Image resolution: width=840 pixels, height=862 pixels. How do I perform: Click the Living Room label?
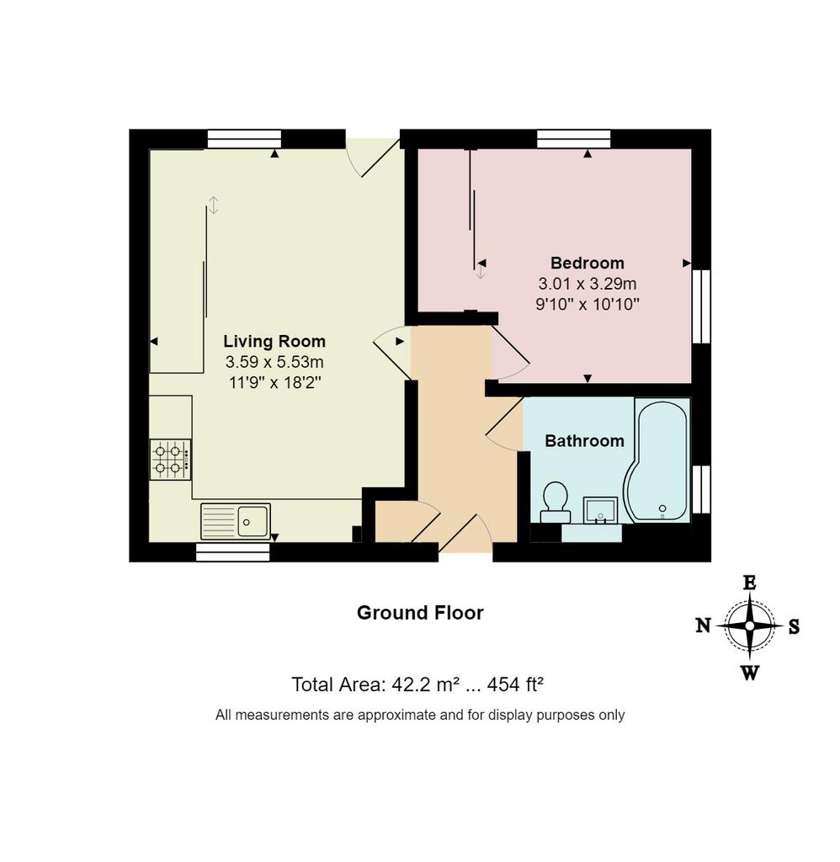tap(274, 342)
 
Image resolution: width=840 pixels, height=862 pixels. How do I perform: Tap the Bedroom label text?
tap(587, 263)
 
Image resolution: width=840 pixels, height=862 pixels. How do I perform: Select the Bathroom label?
tap(584, 441)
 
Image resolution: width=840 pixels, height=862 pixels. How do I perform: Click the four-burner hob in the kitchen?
tap(170, 460)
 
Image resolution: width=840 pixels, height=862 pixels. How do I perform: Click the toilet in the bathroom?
tap(556, 503)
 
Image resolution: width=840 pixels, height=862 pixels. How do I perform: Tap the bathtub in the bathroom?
tap(657, 460)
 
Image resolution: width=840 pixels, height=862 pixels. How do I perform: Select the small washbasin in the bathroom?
tap(600, 511)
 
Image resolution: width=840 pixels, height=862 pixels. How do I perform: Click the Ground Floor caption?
tap(420, 613)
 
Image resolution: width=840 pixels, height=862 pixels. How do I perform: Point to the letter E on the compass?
tap(750, 583)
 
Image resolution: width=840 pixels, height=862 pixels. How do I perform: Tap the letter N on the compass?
tap(704, 625)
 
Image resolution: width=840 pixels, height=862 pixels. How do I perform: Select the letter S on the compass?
tap(794, 626)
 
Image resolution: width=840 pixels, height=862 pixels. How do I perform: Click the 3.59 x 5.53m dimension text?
tap(274, 362)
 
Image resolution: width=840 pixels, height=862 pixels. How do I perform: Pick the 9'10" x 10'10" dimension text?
tap(587, 304)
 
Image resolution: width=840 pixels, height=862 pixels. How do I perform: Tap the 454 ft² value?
tap(516, 684)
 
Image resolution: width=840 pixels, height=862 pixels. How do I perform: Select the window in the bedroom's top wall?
tap(574, 139)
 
